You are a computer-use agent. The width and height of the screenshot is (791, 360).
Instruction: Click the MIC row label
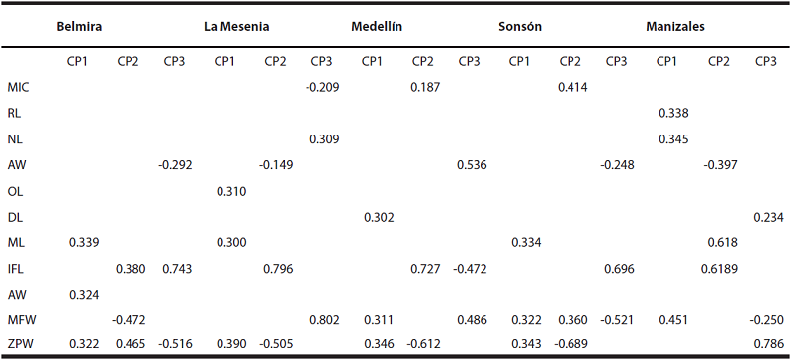click(x=18, y=87)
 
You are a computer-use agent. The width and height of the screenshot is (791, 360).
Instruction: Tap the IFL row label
click(x=17, y=267)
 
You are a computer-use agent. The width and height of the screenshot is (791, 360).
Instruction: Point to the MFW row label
click(x=21, y=318)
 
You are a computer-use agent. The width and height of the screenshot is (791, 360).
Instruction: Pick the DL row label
click(x=15, y=216)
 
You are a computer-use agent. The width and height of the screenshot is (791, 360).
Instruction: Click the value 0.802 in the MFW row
click(x=323, y=318)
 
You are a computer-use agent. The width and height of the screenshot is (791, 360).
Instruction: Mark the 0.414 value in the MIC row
click(x=573, y=87)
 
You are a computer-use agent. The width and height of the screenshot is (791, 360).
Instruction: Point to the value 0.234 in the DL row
click(x=764, y=216)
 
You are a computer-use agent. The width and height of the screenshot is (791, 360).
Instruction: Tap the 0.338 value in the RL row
click(x=672, y=113)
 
